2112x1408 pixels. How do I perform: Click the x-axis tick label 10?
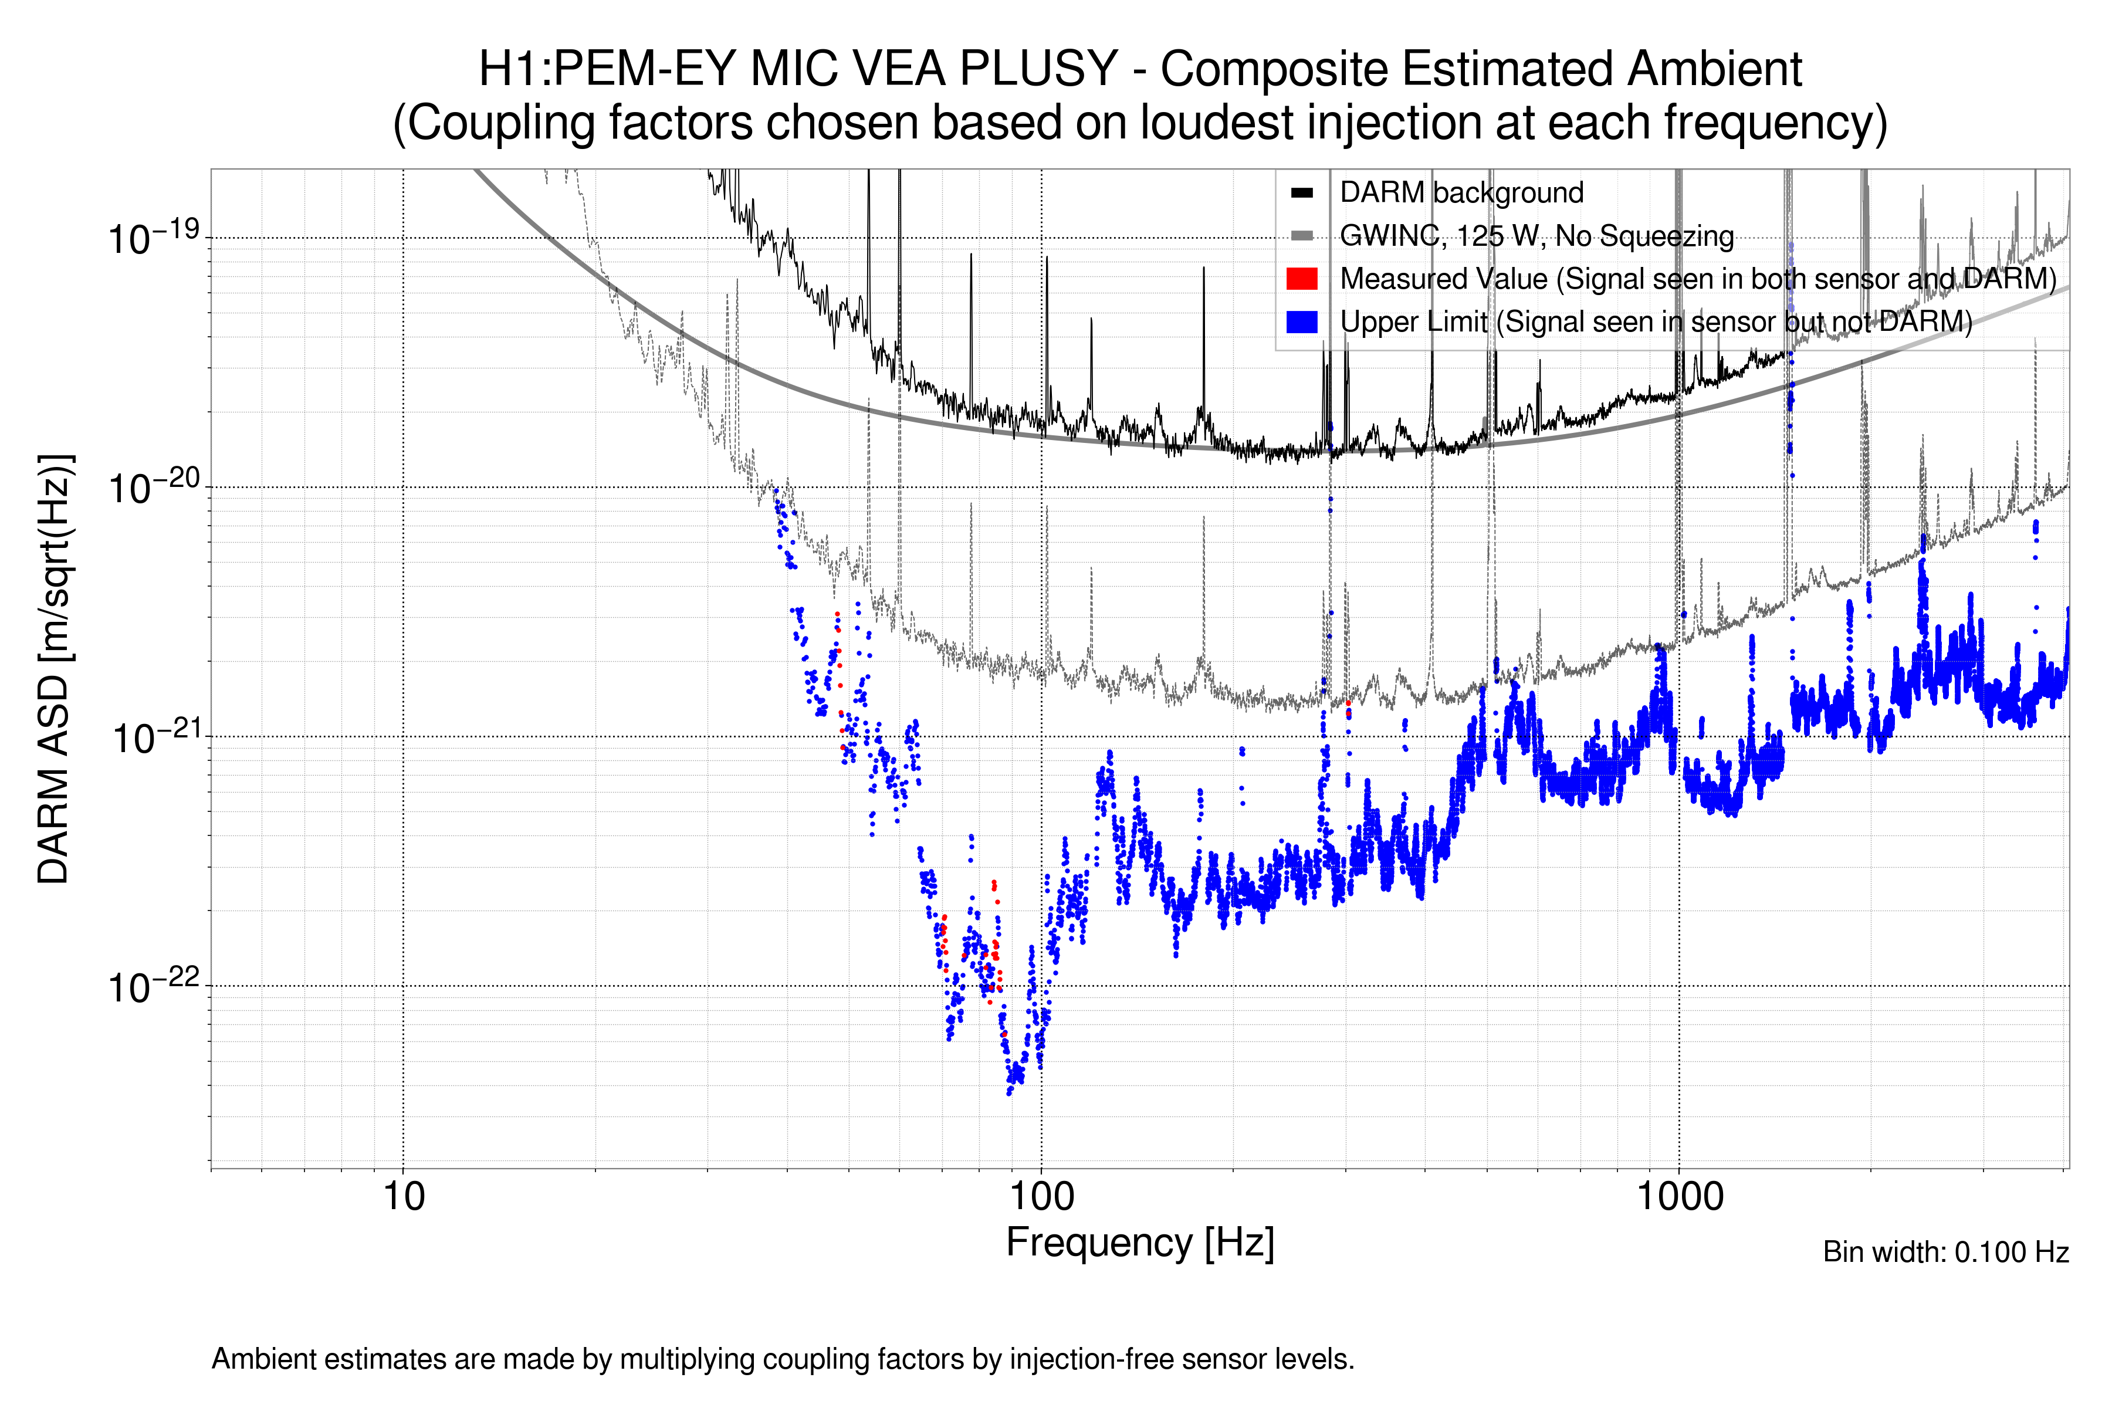click(x=403, y=1197)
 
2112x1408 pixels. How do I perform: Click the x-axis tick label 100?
click(x=1042, y=1197)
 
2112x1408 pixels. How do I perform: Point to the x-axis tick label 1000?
click(x=1679, y=1197)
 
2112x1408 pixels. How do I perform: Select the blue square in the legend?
click(x=1301, y=321)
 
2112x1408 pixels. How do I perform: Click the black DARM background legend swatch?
click(x=1301, y=193)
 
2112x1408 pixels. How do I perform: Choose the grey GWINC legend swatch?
click(x=1301, y=236)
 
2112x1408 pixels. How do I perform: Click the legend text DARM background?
click(x=1461, y=193)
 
